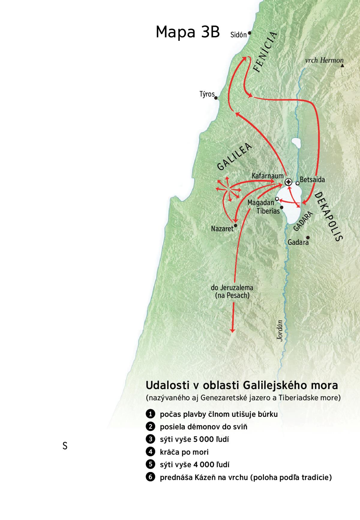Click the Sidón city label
point(238,35)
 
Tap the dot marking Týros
point(216,98)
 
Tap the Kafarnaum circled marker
point(288,182)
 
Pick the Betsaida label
point(312,180)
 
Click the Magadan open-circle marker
point(277,199)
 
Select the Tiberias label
point(268,211)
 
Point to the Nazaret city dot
point(236,225)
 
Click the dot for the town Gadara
point(307,237)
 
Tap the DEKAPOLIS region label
point(328,217)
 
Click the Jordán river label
point(280,330)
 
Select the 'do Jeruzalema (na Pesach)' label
point(232,291)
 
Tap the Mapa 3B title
point(188,32)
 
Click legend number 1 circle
point(150,414)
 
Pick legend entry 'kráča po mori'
point(184,452)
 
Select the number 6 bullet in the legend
point(150,477)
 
